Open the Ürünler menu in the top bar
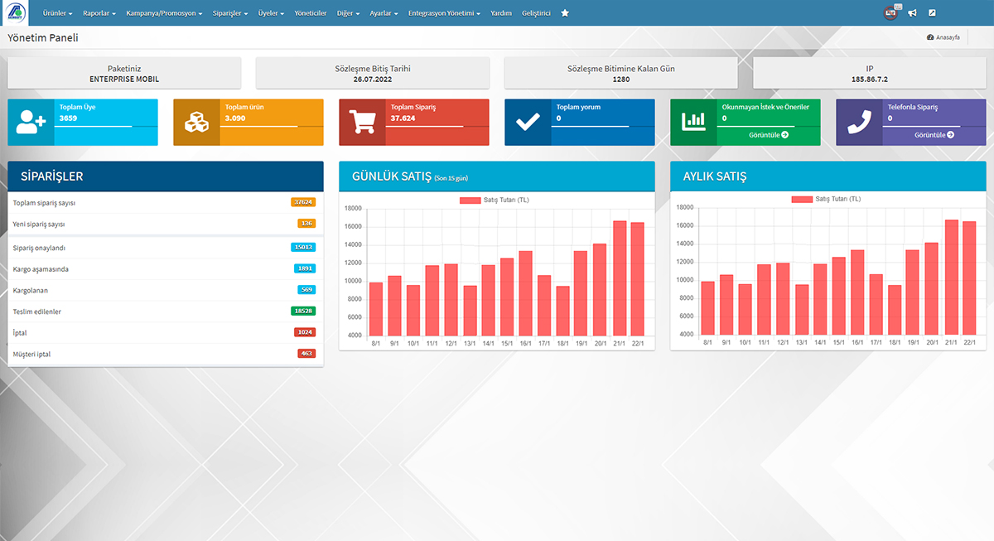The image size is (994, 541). pos(57,13)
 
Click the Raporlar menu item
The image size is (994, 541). pos(99,13)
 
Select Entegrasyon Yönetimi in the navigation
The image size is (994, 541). pos(444,13)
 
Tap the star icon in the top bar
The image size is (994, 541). pos(565,13)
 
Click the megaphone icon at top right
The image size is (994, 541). pos(912,13)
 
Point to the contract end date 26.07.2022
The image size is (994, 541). pos(372,80)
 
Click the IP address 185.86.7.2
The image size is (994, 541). pos(869,80)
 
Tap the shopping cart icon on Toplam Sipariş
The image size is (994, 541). pos(362,122)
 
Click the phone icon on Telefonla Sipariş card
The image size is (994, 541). pos(859,122)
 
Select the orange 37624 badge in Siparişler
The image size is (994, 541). pos(303,202)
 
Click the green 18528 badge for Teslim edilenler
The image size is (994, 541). pos(303,311)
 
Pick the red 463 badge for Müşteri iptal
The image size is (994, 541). pos(306,354)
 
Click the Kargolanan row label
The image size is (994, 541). pos(31,290)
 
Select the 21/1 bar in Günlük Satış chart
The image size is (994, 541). pos(620,278)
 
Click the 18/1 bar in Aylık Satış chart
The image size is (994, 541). pos(894,310)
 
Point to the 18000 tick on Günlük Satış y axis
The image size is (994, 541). pos(353,209)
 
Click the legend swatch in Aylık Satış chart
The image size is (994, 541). pos(801,199)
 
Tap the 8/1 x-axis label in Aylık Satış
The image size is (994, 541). pos(707,342)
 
